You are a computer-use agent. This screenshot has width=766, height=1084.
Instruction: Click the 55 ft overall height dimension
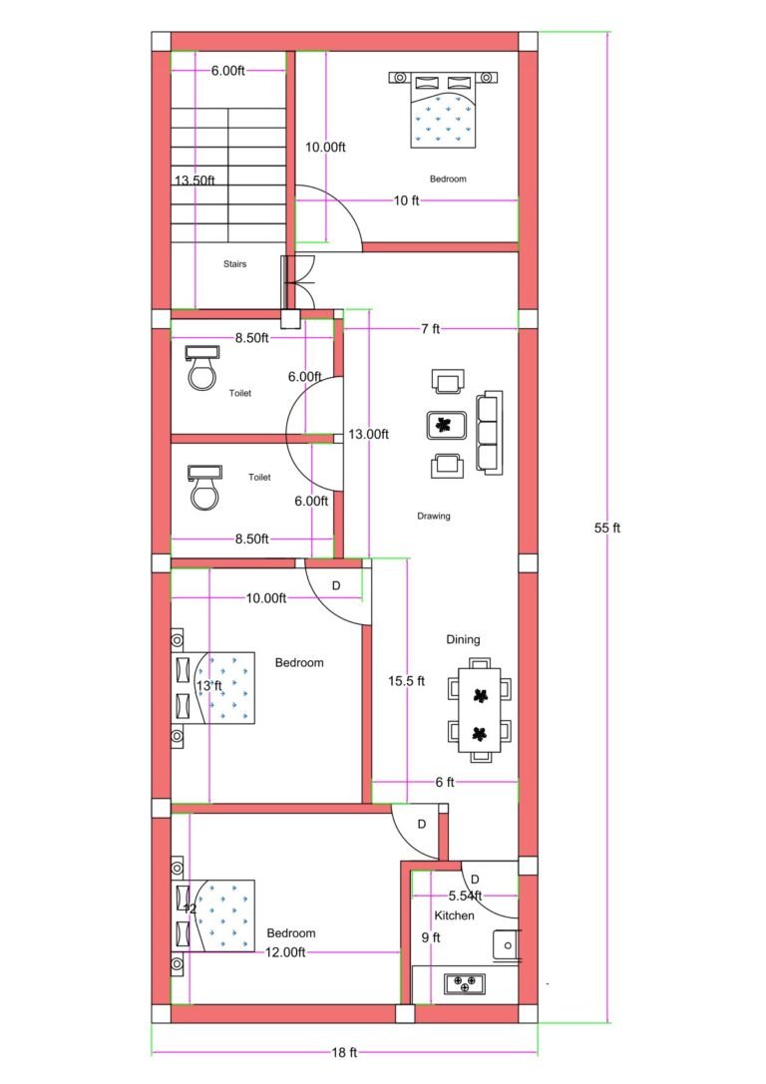(607, 528)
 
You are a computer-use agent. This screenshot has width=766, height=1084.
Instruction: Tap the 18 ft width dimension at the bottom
(345, 1052)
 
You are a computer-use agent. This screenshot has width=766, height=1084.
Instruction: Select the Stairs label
(234, 264)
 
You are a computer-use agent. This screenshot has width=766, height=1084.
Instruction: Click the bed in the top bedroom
(444, 110)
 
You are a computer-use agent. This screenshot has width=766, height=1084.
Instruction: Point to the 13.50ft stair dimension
(194, 181)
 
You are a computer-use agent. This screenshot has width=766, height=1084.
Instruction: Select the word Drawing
(434, 516)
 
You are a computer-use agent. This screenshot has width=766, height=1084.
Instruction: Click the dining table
(480, 708)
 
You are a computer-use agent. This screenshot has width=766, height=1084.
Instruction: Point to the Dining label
(463, 639)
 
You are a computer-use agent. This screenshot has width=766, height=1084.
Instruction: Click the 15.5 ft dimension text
(406, 681)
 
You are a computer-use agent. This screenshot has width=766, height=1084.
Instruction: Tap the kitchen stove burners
(465, 983)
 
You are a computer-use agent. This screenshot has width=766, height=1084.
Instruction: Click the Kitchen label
(454, 915)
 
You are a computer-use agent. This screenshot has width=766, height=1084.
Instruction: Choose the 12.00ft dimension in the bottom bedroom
(284, 952)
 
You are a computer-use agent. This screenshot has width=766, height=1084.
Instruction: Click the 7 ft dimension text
(430, 329)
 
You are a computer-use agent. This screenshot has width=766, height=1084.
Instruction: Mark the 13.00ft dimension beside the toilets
(368, 434)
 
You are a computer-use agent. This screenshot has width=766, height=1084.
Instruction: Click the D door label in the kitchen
(475, 879)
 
